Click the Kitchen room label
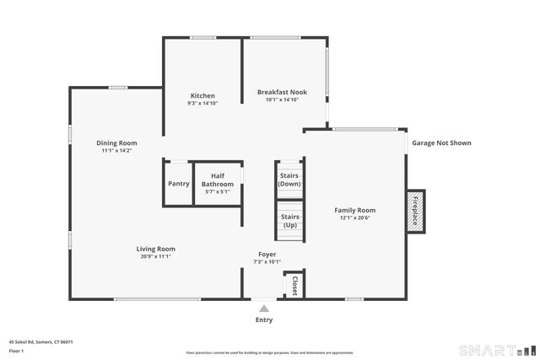point(202,95)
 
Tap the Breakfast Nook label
point(282,92)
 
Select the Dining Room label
point(116,143)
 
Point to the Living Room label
point(156,249)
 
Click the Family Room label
point(354,210)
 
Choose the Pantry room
point(178,184)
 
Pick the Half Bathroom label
point(218,180)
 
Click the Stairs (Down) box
point(289,179)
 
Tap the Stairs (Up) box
point(289,221)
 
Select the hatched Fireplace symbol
point(415,208)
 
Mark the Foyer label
point(267,254)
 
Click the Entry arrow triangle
point(264,309)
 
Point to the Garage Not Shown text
point(441,143)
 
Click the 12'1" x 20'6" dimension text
point(354,218)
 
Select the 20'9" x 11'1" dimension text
point(156,256)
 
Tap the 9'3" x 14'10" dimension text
point(202,103)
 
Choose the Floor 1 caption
point(16,350)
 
